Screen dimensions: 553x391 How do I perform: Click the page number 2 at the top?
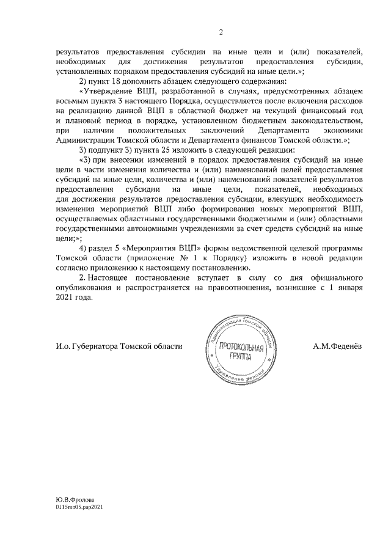point(222,32)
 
